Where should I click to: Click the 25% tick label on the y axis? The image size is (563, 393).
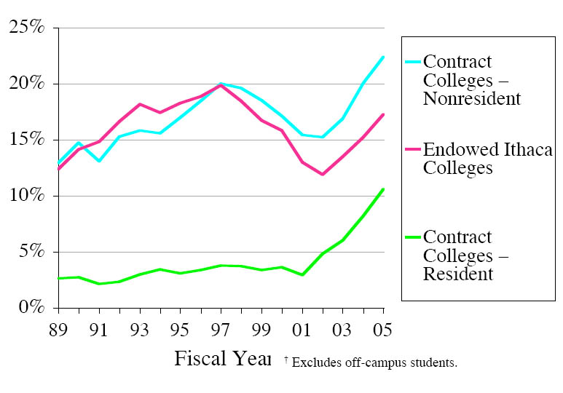(27, 28)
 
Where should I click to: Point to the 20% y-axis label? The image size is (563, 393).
(27, 84)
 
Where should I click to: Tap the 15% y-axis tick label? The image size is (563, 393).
(27, 140)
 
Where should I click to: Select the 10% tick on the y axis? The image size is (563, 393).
(27, 196)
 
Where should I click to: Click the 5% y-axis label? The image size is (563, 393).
(32, 253)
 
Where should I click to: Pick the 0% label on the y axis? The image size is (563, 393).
(32, 309)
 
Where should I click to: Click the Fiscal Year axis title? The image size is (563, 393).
(222, 360)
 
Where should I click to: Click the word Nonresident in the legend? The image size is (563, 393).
(472, 99)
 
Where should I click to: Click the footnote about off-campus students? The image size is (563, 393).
(370, 362)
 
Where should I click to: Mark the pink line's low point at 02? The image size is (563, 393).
(322, 175)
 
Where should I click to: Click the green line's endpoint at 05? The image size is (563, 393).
(383, 189)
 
